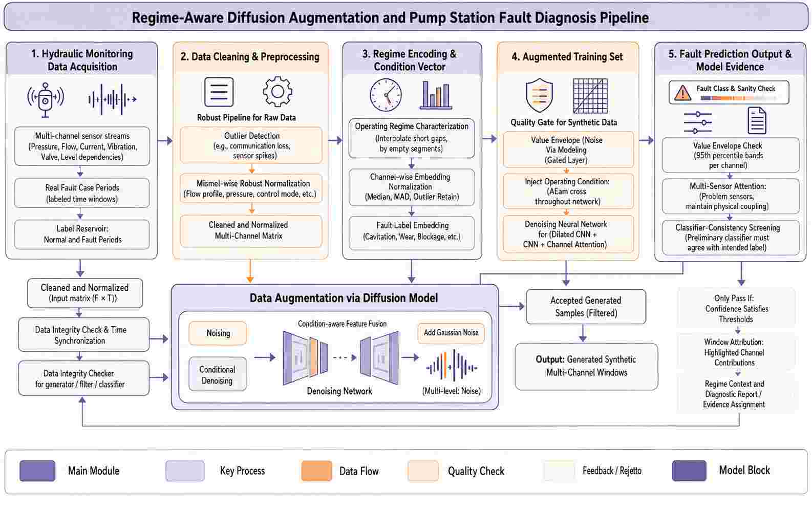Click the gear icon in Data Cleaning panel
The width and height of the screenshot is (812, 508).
tap(277, 91)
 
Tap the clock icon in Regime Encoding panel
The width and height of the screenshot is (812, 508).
tap(386, 95)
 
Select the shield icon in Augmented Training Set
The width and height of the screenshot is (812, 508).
tap(539, 95)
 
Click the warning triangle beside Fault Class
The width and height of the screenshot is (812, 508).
tap(682, 93)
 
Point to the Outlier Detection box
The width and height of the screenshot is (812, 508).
tap(251, 145)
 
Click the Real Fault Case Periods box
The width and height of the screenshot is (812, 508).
tap(82, 193)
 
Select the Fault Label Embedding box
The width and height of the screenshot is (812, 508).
tap(412, 231)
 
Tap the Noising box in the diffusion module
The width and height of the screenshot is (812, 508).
tap(218, 333)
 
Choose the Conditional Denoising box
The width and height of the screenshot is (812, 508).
tap(217, 374)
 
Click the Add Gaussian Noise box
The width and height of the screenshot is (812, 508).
tap(451, 333)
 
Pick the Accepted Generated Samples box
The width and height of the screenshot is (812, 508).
tap(586, 307)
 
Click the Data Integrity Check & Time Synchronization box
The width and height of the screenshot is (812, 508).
tap(84, 335)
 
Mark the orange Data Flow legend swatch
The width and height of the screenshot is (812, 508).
tap(316, 471)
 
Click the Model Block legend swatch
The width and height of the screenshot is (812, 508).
tap(689, 471)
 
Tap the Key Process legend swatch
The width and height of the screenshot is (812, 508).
tap(185, 471)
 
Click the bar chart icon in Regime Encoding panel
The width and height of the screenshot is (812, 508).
tap(436, 95)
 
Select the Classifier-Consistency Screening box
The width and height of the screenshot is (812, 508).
tap(731, 238)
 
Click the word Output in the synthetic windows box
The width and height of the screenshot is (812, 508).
tap(550, 359)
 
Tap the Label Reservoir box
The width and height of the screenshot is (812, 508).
tap(82, 234)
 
